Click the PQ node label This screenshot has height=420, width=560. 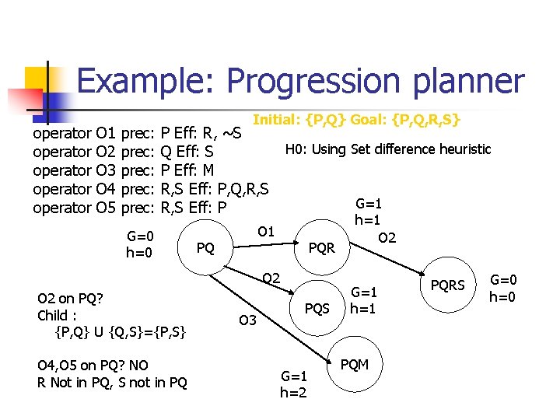[x=205, y=248]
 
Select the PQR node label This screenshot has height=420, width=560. [x=321, y=249]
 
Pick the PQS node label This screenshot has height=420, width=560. [x=317, y=309]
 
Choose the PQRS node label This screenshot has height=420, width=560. [x=449, y=285]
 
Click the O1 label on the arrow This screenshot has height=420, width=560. [x=266, y=231]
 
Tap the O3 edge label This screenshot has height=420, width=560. [x=247, y=320]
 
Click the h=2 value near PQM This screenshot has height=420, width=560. [x=294, y=393]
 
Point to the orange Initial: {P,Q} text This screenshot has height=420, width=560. [x=300, y=121]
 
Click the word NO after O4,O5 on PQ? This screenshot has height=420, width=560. [x=124, y=366]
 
